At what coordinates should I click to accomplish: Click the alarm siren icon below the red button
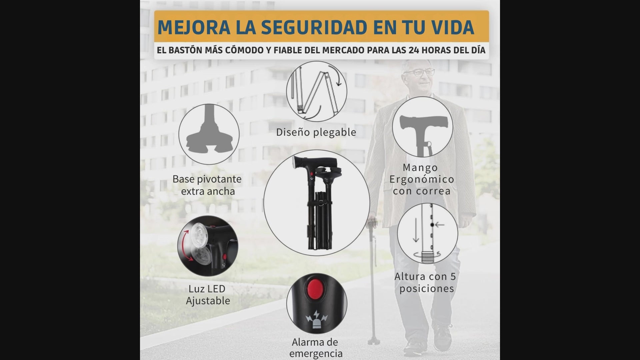pyautogui.click(x=316, y=319)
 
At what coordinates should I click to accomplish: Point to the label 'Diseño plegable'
pyautogui.click(x=316, y=132)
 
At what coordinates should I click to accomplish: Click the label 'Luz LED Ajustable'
pyautogui.click(x=208, y=295)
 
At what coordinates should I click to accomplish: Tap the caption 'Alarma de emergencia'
pyautogui.click(x=316, y=348)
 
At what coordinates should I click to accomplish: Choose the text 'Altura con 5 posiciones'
pyautogui.click(x=425, y=282)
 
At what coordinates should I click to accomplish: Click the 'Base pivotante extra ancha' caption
pyautogui.click(x=207, y=185)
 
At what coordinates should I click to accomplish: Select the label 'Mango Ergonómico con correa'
pyautogui.click(x=422, y=179)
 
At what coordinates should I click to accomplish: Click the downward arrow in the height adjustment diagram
pyautogui.click(x=416, y=230)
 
